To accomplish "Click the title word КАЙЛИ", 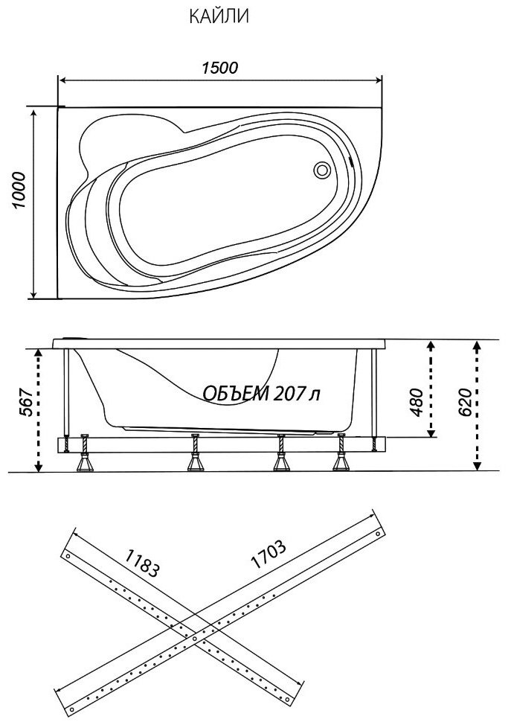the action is point(219,16).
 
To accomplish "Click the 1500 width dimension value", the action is point(220,68).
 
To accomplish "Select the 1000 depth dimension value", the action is point(19,191).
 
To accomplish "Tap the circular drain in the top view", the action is point(321,170).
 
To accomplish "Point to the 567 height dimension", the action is point(27,403).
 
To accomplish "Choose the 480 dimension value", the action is point(417,402).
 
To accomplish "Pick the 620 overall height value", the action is point(465,402).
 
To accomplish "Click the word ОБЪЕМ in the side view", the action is point(236,393).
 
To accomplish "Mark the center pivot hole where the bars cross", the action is point(194,639).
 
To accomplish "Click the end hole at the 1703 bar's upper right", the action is point(377,534).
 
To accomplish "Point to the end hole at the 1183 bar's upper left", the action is point(68,556).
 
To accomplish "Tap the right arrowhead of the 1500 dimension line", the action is point(378,80).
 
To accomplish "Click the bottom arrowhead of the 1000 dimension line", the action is point(33,294).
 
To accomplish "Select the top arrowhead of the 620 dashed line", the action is point(478,345).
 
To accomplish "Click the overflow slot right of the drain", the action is point(352,162).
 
